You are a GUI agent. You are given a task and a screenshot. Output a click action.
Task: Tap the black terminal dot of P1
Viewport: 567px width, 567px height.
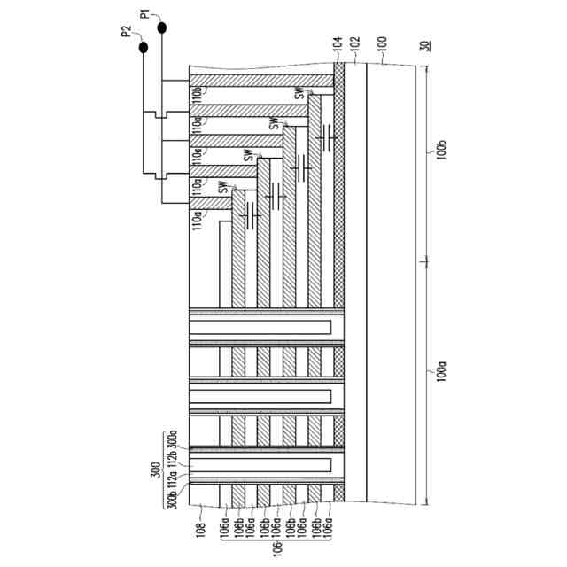[x=163, y=27]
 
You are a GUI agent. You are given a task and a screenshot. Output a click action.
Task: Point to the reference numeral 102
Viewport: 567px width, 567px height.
[x=355, y=44]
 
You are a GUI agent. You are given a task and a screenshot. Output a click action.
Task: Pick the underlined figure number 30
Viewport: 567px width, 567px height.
[x=425, y=46]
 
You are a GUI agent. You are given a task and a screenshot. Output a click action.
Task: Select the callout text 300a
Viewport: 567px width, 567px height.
[x=174, y=439]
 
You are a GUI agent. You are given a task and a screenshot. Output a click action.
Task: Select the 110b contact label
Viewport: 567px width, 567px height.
[x=198, y=92]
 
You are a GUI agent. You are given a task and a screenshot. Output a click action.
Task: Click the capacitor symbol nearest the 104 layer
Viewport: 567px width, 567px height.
[x=328, y=137]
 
